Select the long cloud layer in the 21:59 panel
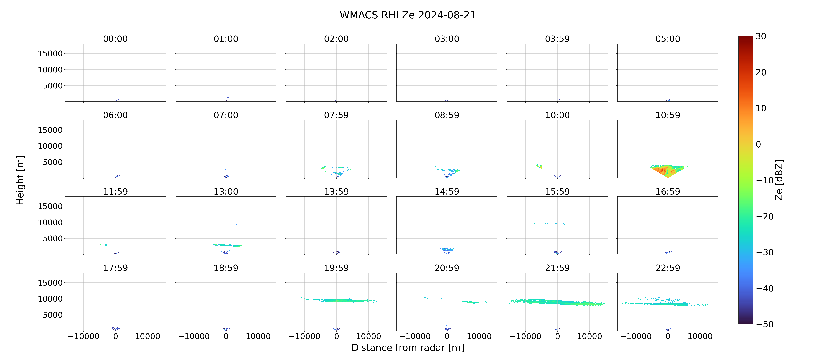pyautogui.click(x=557, y=302)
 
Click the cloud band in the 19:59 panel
pyautogui.click(x=339, y=300)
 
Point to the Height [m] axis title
pyautogui.click(x=20, y=180)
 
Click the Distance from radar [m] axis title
pyautogui.click(x=408, y=348)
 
